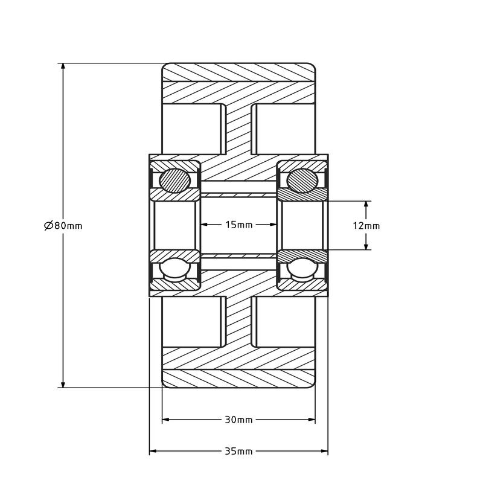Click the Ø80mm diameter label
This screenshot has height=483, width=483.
coord(63,226)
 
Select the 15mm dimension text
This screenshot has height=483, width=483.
coord(238,225)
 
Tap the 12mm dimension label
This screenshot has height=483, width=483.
coord(366,226)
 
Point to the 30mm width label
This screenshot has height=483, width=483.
coord(238,420)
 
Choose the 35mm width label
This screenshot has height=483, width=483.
coord(238,451)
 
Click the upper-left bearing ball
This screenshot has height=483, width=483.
coord(174,179)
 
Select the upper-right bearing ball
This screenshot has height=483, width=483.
coord(302,179)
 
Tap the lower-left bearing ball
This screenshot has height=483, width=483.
coord(174,269)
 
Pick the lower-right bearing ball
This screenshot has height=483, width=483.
coord(302,269)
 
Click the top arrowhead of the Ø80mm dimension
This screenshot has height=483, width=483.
coord(62,67)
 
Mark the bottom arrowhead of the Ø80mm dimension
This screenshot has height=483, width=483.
coord(62,383)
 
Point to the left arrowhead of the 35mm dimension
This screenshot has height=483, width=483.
coord(153,451)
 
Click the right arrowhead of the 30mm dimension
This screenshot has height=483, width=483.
coord(312,420)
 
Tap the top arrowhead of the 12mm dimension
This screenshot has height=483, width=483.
coord(366,204)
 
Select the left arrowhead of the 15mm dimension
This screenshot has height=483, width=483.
coord(203,225)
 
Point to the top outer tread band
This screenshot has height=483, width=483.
coord(238,72)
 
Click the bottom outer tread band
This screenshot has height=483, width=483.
coord(238,379)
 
